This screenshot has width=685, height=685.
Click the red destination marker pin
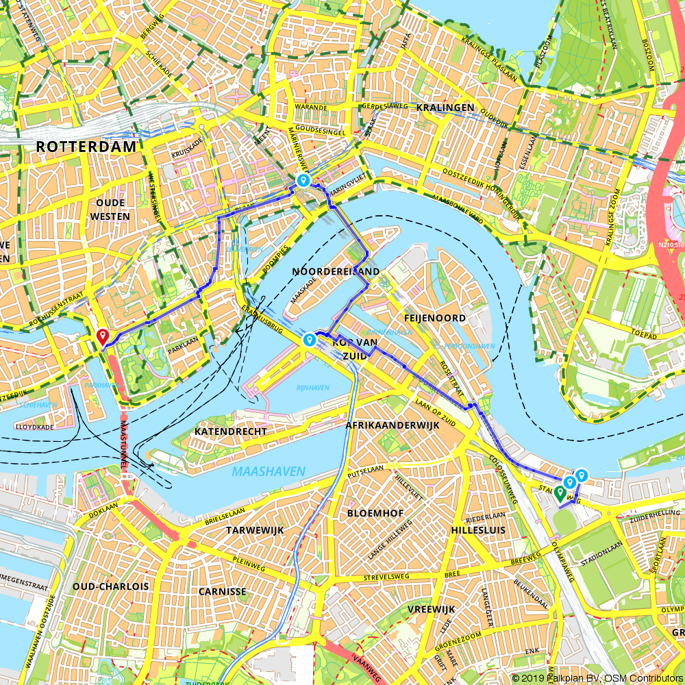point(102,336)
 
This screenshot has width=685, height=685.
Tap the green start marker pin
point(560,493)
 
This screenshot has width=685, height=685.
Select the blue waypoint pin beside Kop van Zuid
point(310,339)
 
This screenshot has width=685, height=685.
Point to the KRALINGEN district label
point(446,108)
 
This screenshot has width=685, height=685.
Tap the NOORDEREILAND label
point(336,271)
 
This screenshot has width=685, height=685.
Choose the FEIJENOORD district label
point(435,318)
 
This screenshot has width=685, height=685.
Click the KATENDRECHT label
point(230,432)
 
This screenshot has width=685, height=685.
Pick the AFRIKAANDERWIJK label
point(393,425)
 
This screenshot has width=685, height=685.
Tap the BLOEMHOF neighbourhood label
point(375,513)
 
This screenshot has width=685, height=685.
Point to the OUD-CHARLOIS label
point(110,586)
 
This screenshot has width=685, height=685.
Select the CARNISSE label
point(223,591)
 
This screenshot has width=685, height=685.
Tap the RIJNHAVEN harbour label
point(313,388)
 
